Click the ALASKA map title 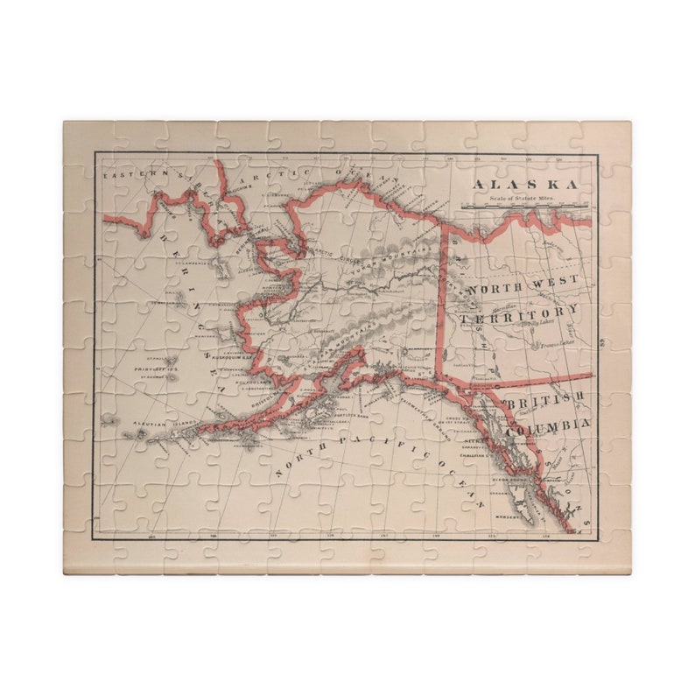point(525,185)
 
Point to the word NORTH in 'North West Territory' point(494,288)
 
